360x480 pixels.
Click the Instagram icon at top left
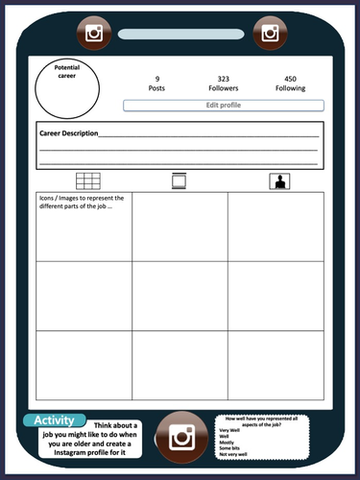tap(93, 34)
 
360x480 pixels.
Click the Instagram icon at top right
tap(270, 34)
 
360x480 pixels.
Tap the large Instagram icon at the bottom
tap(181, 438)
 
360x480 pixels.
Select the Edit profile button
tap(223, 105)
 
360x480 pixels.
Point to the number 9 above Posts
tap(156, 79)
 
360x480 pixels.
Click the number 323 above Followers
tap(223, 79)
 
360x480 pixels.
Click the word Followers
tap(223, 88)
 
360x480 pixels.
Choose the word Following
tap(290, 88)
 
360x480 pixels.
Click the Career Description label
tap(68, 133)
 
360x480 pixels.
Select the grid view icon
tap(88, 180)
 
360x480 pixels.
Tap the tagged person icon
tap(279, 180)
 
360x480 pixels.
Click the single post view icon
tap(178, 180)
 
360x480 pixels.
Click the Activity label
tap(54, 420)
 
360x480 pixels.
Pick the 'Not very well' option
tap(233, 454)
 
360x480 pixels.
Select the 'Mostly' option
tap(227, 442)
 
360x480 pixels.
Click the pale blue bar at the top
tap(181, 34)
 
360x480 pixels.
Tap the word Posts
tap(156, 88)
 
